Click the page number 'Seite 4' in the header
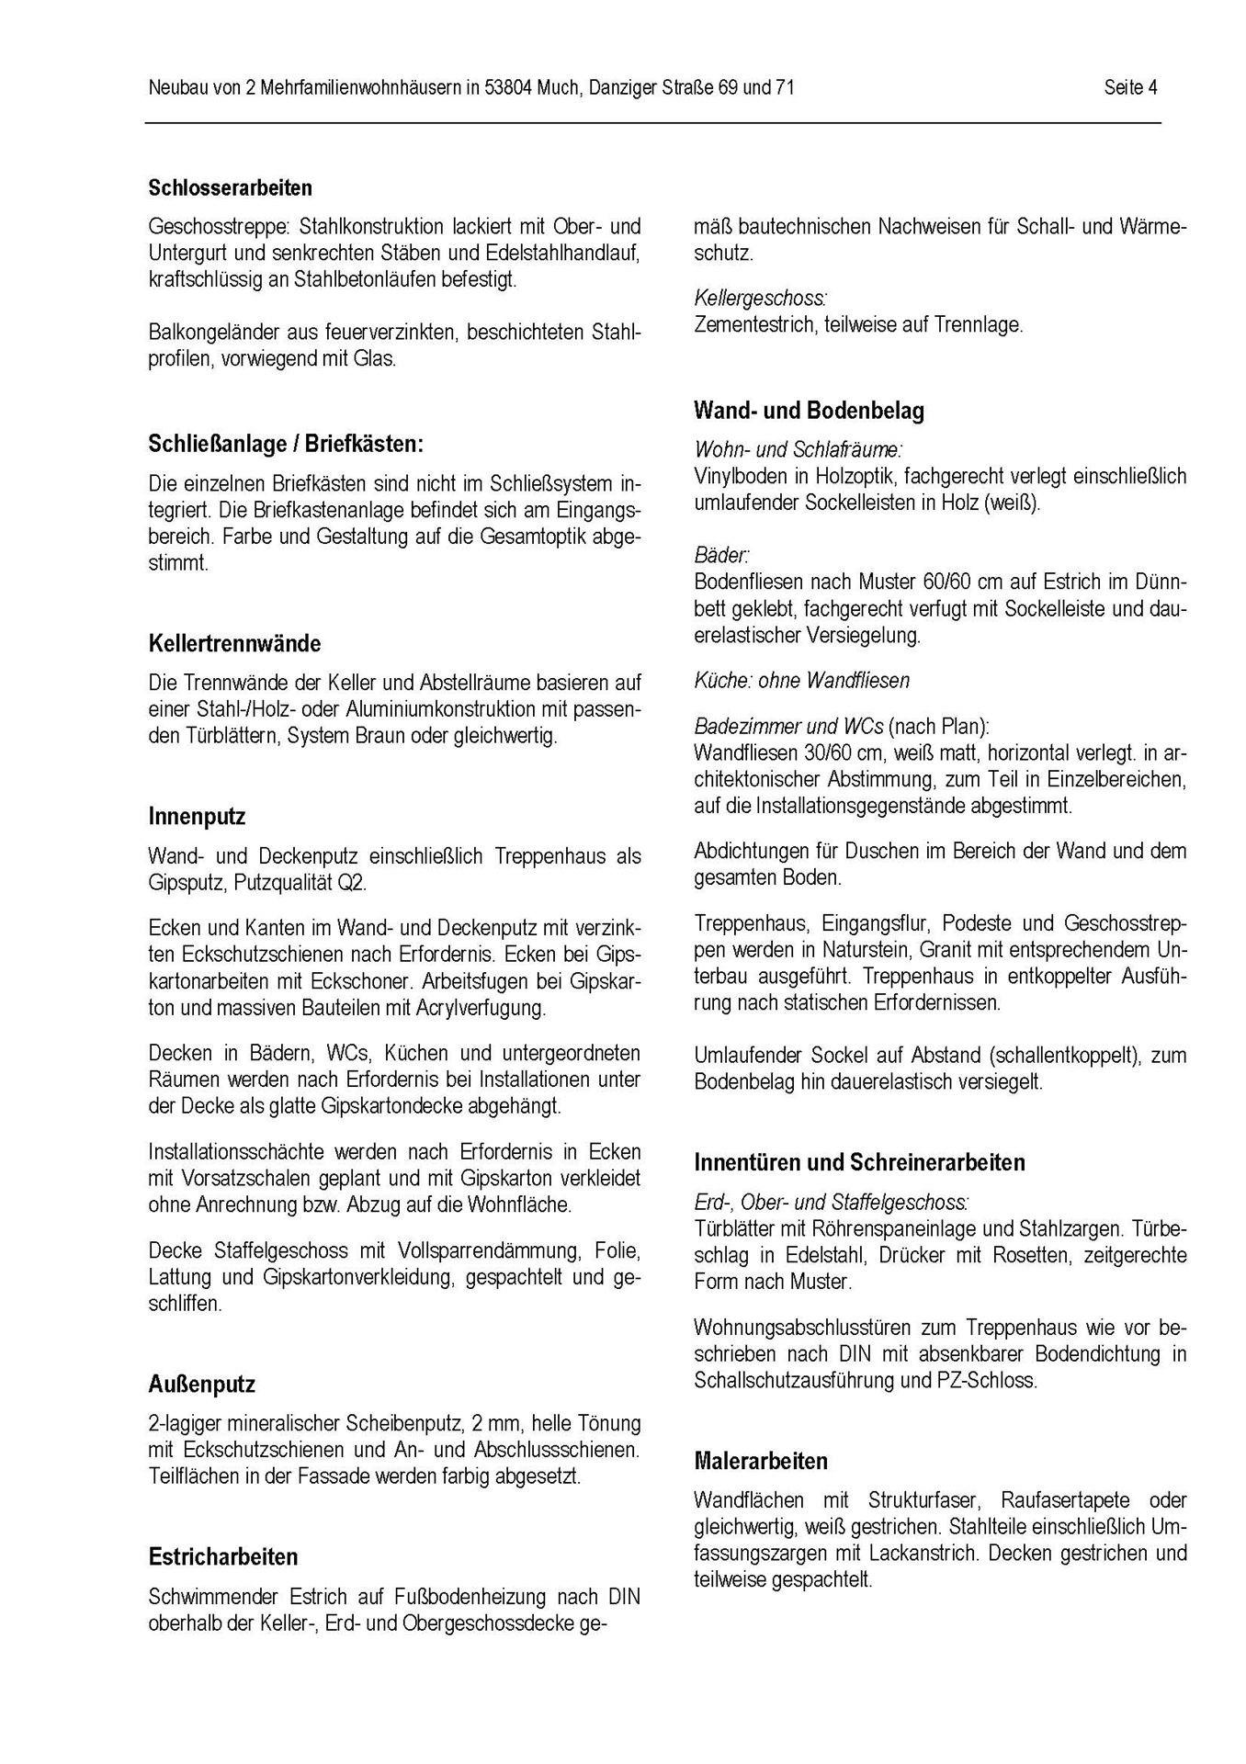[1130, 88]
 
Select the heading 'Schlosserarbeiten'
[230, 187]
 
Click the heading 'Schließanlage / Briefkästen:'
[286, 444]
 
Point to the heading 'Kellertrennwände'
[234, 643]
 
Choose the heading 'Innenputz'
[197, 816]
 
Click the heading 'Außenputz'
[201, 1384]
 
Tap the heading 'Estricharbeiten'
[223, 1557]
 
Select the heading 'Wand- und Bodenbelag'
[809, 411]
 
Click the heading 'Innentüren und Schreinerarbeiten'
[859, 1162]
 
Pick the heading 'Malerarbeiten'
[761, 1461]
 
